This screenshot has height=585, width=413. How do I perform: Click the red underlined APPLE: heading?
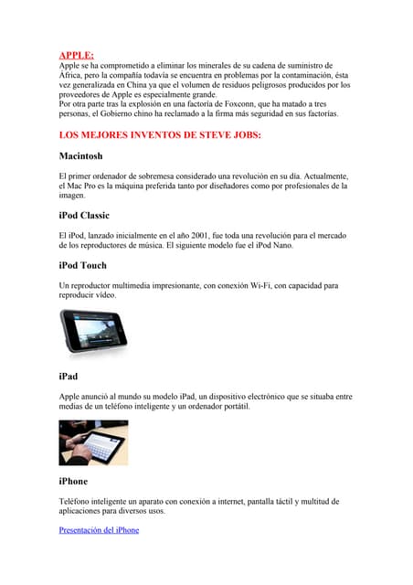tap(76, 56)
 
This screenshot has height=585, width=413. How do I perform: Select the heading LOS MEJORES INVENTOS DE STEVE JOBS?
tap(160, 135)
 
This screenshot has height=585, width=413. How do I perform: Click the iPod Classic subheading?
tap(83, 216)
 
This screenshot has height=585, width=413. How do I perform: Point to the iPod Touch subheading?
tap(82, 265)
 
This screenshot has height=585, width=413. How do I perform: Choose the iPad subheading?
tap(69, 376)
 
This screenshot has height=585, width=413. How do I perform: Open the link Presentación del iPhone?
tap(99, 530)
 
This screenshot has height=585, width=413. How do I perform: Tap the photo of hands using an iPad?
tap(93, 442)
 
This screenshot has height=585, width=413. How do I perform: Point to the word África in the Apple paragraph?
tap(71, 76)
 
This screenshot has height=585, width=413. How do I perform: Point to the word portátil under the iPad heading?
tap(231, 405)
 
